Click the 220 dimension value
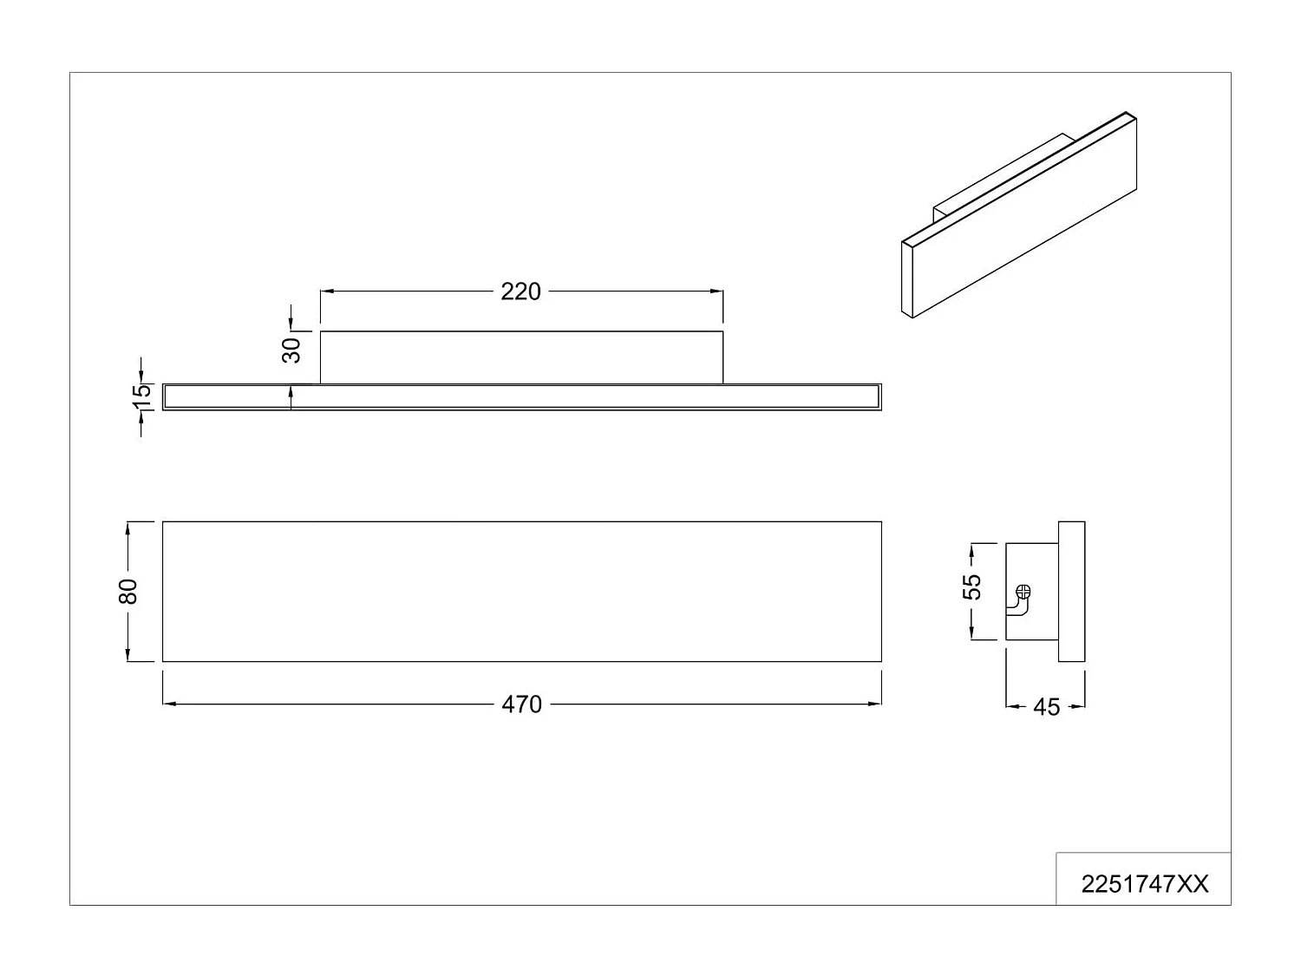(520, 291)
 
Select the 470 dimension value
(521, 704)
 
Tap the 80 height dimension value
(128, 592)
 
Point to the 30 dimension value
(291, 350)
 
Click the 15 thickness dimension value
(141, 397)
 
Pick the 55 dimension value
(971, 587)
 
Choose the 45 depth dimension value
(1046, 707)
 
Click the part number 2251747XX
(1145, 884)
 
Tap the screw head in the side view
(1023, 591)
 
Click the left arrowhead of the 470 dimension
(169, 704)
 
